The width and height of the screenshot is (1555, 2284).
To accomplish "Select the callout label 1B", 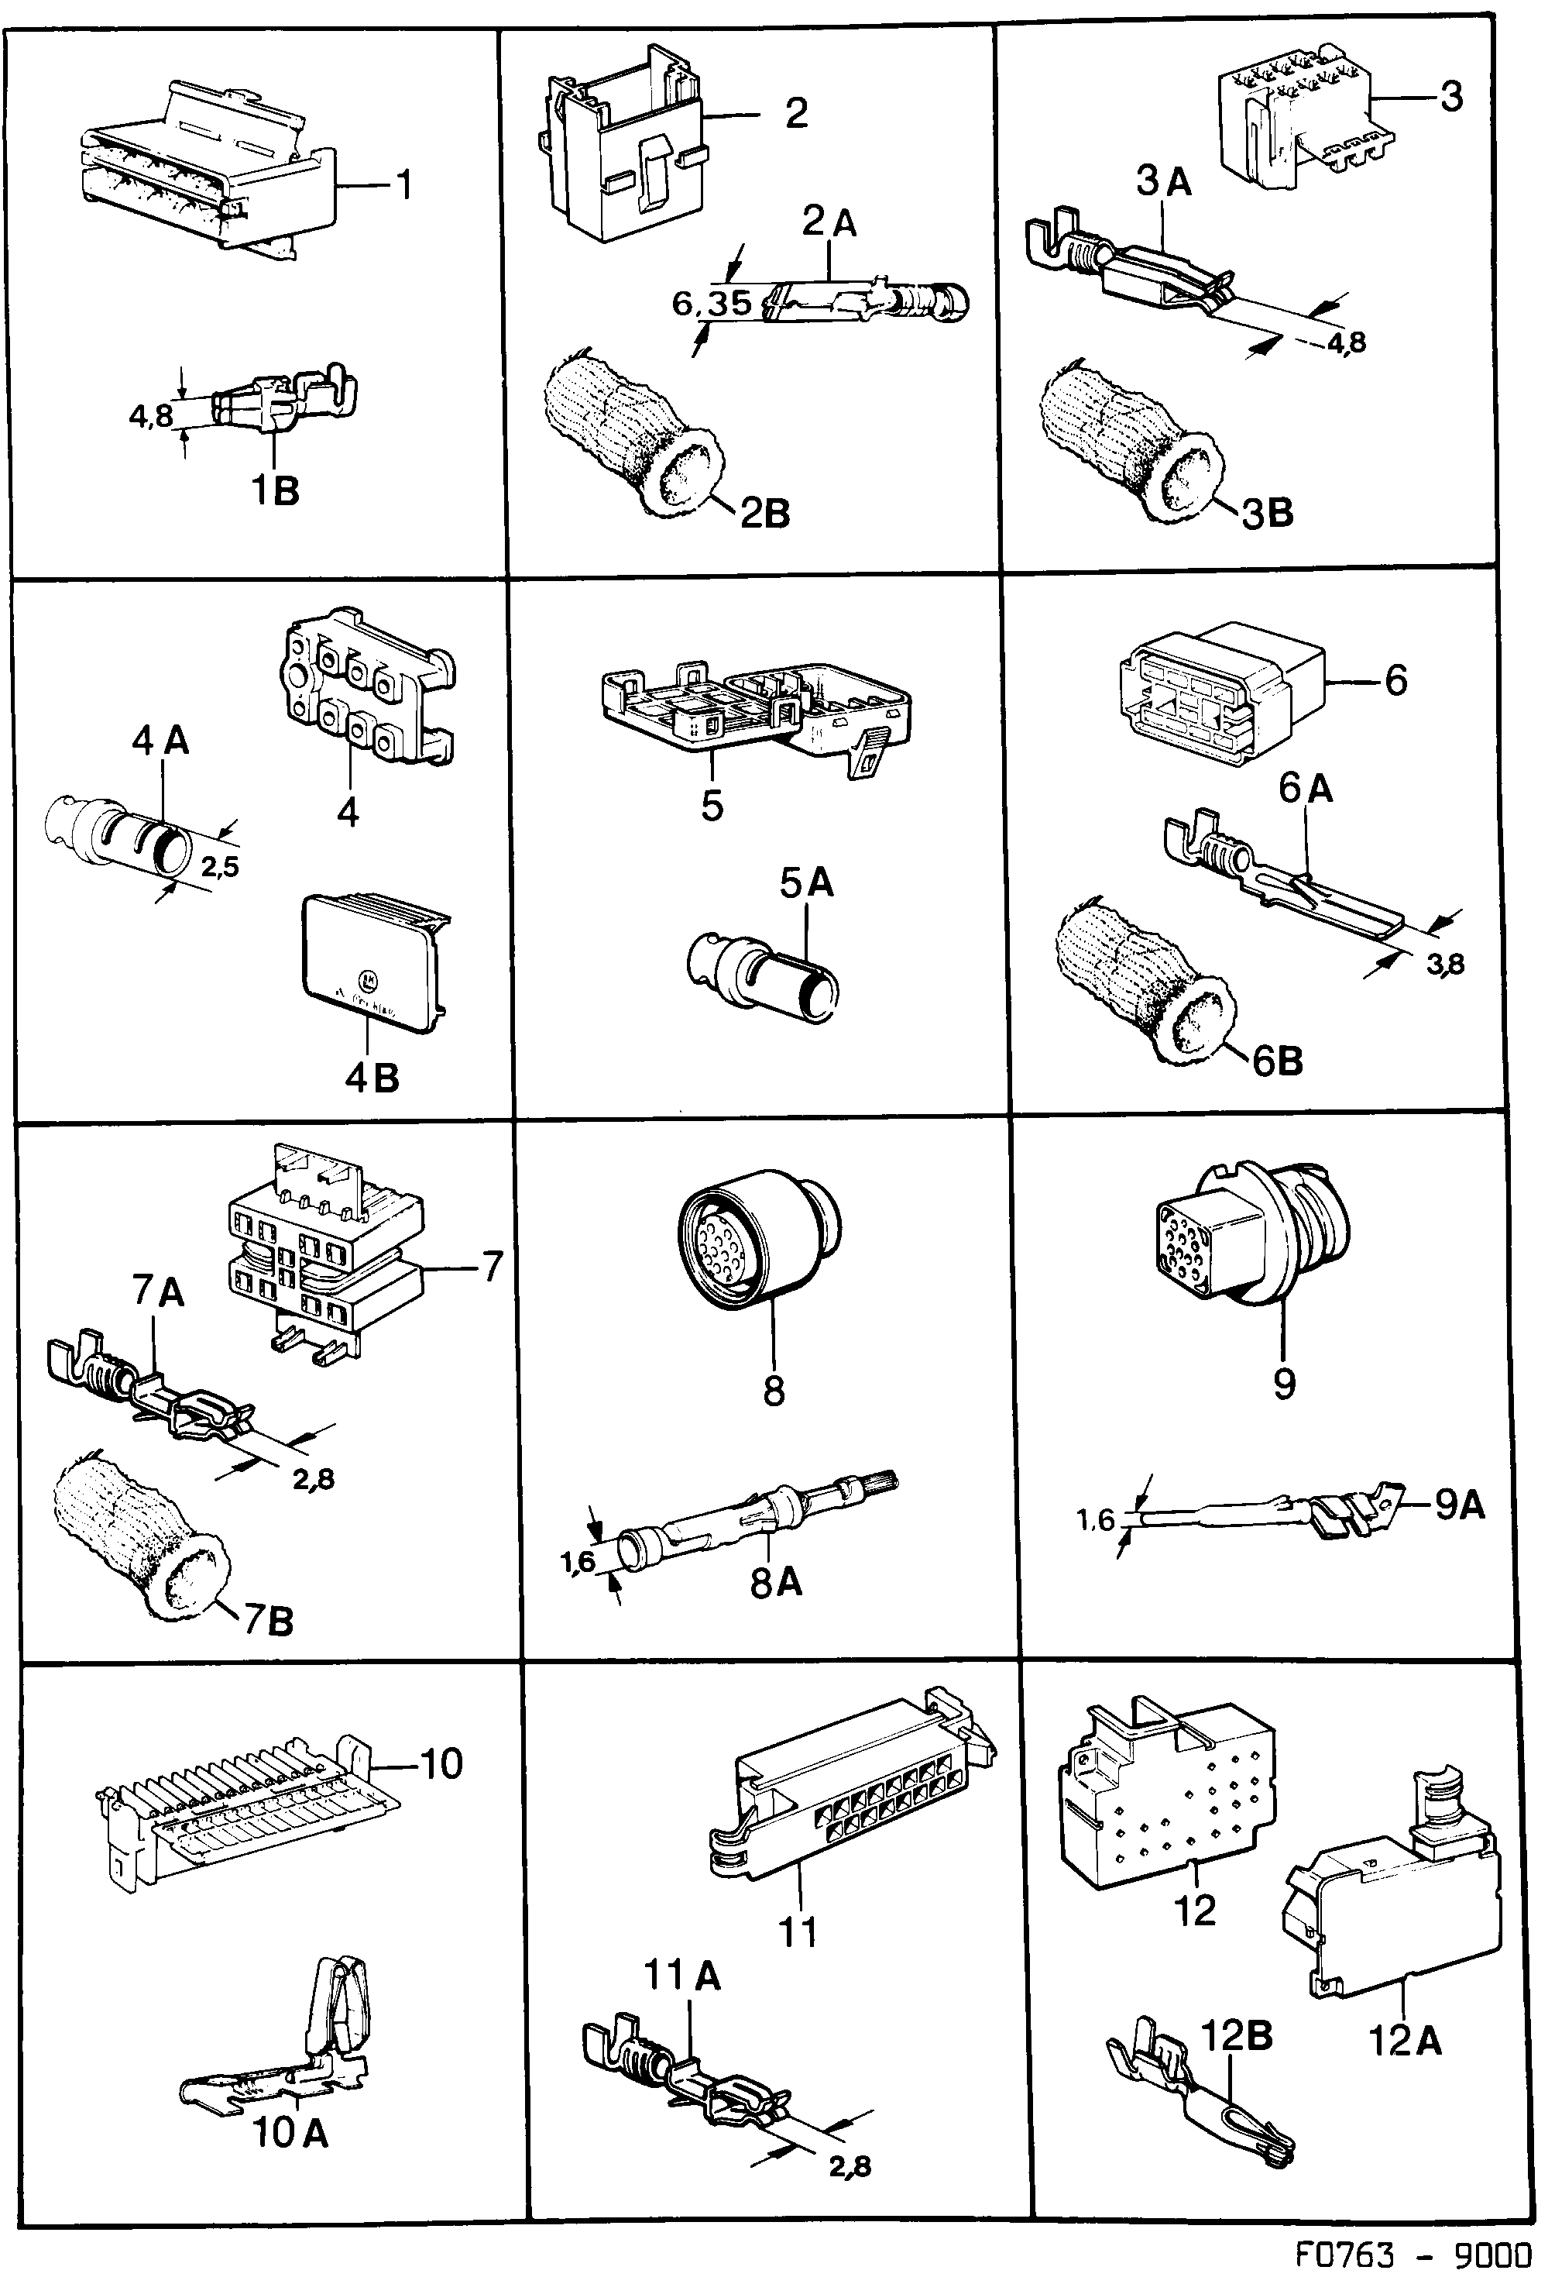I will coord(274,490).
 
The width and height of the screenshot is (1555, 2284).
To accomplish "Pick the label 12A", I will coord(1405,2042).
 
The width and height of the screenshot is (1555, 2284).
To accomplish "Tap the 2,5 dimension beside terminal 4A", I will coord(220,866).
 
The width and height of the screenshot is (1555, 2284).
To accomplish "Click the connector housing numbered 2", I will coord(622,147).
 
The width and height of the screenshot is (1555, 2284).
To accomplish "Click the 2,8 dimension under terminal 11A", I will coord(850,2165).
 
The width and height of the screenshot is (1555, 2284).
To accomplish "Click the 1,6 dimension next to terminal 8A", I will coord(578,1562).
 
